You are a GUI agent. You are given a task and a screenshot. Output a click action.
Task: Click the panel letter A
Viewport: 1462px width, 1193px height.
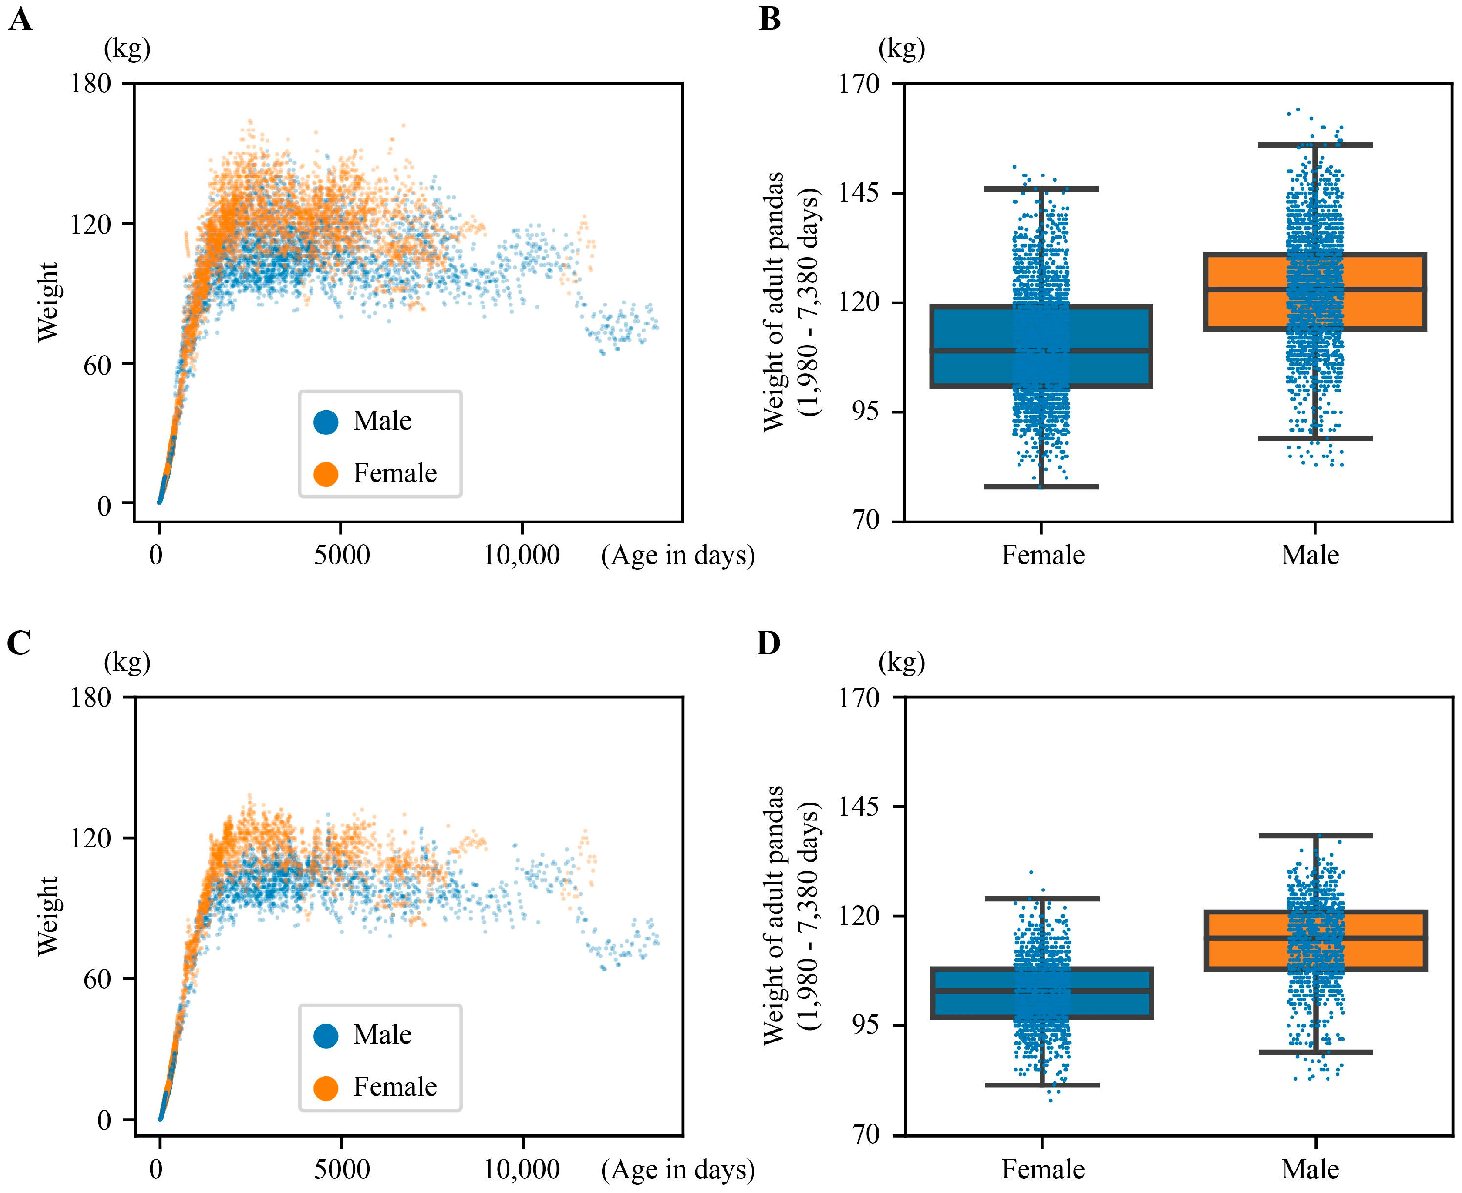click(20, 19)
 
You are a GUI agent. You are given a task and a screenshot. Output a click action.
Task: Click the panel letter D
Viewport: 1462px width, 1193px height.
click(769, 643)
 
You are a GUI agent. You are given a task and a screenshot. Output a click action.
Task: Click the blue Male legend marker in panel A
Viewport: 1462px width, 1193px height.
click(326, 421)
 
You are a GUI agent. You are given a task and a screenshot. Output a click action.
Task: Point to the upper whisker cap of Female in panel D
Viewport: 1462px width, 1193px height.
click(1041, 898)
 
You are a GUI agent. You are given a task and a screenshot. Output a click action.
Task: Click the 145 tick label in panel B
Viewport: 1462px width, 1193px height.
click(859, 193)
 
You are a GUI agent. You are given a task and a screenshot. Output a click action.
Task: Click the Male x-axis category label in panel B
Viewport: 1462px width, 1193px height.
click(1309, 555)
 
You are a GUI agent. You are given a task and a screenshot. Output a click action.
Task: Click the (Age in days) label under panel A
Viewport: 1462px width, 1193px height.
click(678, 555)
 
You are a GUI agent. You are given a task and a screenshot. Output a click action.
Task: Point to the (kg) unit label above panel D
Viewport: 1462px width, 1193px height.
click(901, 662)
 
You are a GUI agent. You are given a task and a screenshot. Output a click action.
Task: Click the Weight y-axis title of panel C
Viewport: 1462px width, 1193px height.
click(47, 915)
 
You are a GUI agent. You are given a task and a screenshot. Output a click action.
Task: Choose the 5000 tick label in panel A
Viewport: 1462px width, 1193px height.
click(342, 555)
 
